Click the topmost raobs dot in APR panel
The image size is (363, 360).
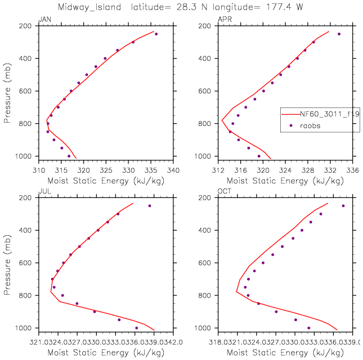pyautogui.click(x=339, y=34)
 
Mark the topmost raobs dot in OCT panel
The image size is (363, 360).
pyautogui.click(x=343, y=206)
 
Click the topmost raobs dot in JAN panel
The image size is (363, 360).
pyautogui.click(x=156, y=34)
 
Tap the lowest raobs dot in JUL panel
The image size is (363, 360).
pyautogui.click(x=136, y=328)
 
